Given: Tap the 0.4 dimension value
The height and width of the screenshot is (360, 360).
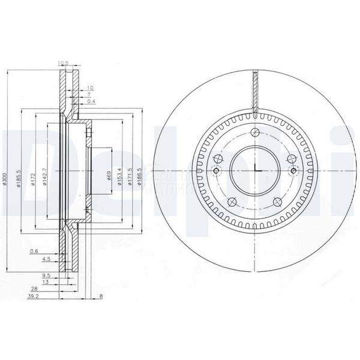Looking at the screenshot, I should tap(91, 101).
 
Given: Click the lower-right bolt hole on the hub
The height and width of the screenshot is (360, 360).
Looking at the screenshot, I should tap(279, 202).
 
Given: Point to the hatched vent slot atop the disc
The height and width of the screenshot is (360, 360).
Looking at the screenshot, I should tap(256, 93).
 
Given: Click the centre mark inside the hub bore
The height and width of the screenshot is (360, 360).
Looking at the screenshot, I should tap(256, 171).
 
